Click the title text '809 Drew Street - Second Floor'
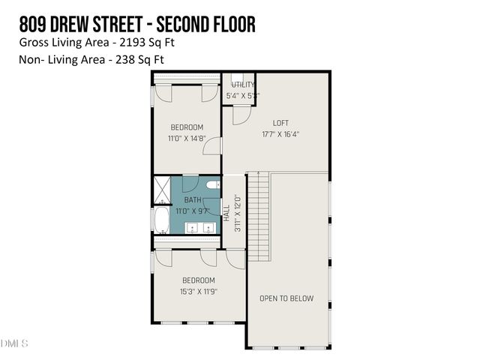point(137,24)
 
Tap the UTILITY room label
point(242,85)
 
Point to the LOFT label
point(280,123)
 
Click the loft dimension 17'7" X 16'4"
point(280,135)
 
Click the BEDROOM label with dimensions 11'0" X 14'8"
point(186,127)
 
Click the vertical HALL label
point(226,212)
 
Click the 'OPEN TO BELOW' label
point(286,298)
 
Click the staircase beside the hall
point(258,217)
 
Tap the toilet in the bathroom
point(212,184)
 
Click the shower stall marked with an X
point(161,190)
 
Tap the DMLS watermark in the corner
point(14,343)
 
